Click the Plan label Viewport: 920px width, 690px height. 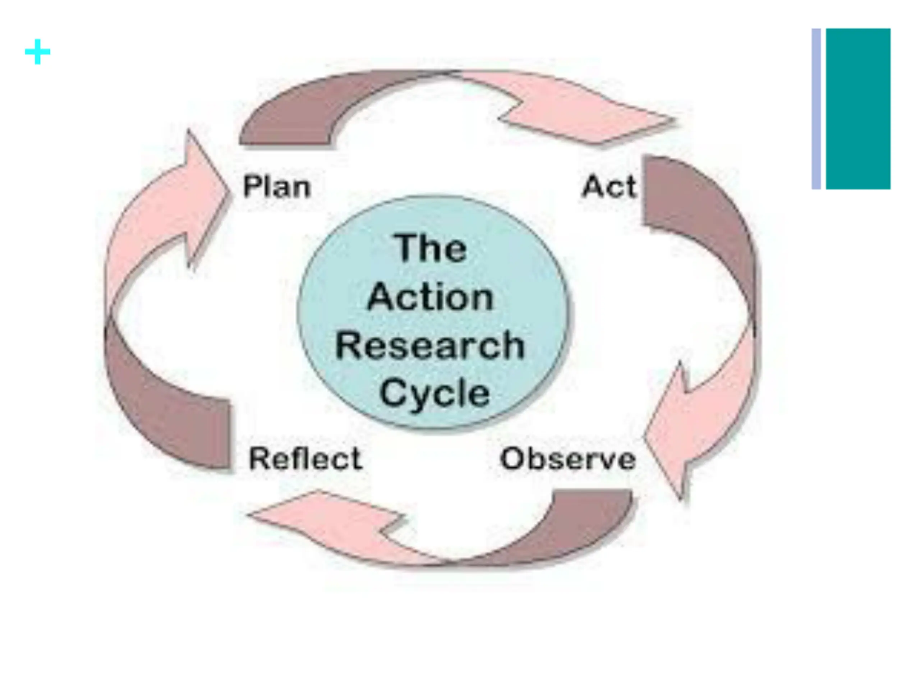click(x=277, y=187)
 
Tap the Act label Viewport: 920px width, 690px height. click(x=609, y=187)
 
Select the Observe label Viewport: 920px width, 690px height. click(x=568, y=459)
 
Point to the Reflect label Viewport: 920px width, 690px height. click(x=305, y=459)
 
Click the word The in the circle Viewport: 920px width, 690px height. click(x=431, y=248)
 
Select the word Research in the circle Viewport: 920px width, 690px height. click(x=430, y=346)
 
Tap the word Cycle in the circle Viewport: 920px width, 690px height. click(x=434, y=394)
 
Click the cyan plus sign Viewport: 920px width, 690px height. click(x=38, y=52)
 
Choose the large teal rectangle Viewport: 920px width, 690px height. click(x=858, y=109)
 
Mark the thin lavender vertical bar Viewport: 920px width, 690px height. click(x=816, y=109)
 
